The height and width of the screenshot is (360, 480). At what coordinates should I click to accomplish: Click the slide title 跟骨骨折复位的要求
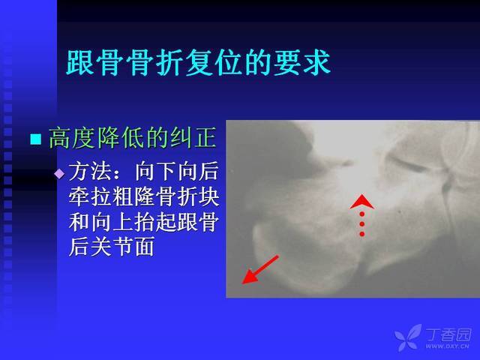[198, 63]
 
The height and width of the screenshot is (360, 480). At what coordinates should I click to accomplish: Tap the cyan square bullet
[36, 139]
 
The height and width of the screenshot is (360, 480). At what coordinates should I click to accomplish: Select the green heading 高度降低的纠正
[133, 138]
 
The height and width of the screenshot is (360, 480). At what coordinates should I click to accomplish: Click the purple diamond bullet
[59, 174]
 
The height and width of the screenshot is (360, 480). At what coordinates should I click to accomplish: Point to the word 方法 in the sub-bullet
[90, 172]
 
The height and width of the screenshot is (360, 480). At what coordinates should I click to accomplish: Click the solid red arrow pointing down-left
[260, 270]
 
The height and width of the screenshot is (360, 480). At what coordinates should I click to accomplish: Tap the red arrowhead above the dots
[361, 202]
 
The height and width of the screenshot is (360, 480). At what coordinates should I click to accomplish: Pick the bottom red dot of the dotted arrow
[361, 234]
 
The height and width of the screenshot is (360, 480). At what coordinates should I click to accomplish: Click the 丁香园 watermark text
[449, 334]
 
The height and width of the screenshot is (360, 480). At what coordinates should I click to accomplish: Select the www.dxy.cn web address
[448, 346]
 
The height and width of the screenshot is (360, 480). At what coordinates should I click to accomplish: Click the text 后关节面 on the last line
[112, 247]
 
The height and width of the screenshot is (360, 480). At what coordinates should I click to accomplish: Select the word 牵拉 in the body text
[90, 196]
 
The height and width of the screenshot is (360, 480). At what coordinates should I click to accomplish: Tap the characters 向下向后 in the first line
[177, 172]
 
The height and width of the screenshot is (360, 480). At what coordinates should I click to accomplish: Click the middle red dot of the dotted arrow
[361, 224]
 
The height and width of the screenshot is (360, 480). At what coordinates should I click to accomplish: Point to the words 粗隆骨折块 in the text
[166, 196]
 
